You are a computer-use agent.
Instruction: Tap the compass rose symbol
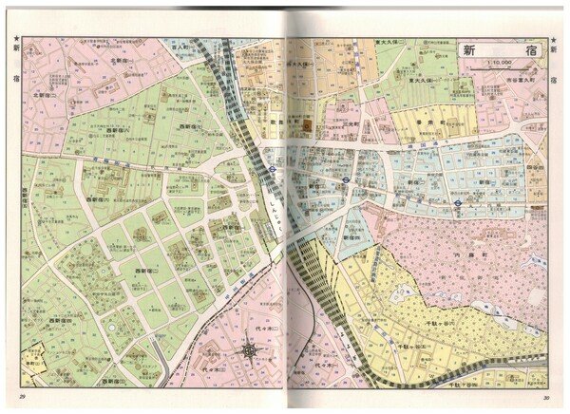250,350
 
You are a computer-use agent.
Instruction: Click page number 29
21,396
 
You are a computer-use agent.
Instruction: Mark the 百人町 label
180,45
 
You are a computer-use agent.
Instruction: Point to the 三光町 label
351,123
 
